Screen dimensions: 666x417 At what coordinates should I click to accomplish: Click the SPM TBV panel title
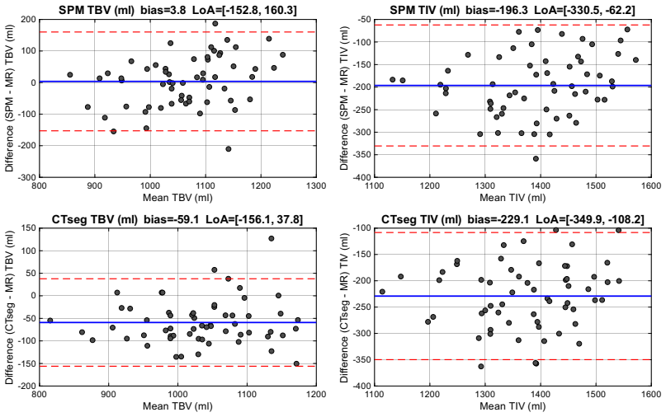click(177, 10)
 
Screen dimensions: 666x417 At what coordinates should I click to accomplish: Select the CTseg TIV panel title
click(512, 219)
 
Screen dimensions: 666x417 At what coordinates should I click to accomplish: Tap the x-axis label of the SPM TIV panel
click(512, 197)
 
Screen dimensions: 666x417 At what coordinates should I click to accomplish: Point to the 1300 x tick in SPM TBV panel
click(316, 185)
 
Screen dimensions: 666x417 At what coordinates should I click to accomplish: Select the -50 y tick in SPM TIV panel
click(364, 20)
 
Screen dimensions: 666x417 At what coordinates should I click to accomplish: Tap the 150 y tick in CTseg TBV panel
click(29, 228)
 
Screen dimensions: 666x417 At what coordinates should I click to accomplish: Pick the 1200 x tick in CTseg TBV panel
click(316, 395)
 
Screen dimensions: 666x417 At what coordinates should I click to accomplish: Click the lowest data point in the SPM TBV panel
click(228, 149)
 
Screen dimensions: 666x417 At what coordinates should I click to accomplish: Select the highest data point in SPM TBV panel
click(215, 24)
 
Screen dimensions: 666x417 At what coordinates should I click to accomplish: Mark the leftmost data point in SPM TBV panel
click(70, 75)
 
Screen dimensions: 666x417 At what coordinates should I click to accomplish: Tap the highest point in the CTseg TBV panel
click(271, 238)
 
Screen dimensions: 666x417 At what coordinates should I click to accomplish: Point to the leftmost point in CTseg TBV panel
click(50, 321)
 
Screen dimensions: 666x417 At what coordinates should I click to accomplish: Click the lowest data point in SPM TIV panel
click(536, 159)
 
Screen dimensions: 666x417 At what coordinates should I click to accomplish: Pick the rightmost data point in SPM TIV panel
click(635, 60)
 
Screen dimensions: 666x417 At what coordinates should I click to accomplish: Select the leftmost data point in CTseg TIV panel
click(382, 292)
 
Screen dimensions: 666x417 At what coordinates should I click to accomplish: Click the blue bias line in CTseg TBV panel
click(177, 322)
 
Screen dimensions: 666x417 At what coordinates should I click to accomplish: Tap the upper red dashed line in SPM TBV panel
click(177, 32)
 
